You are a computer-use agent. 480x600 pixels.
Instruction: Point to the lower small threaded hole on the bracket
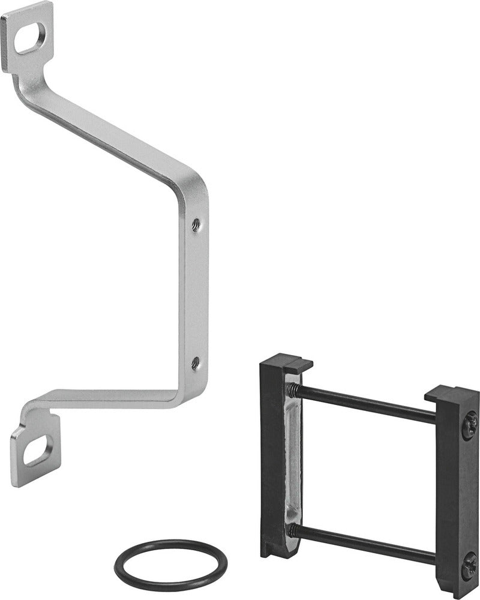click(195, 362)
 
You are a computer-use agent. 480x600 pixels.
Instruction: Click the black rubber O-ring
click(172, 563)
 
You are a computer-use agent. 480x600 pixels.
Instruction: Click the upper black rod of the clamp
click(366, 403)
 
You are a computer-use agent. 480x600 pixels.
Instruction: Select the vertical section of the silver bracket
click(195, 294)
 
